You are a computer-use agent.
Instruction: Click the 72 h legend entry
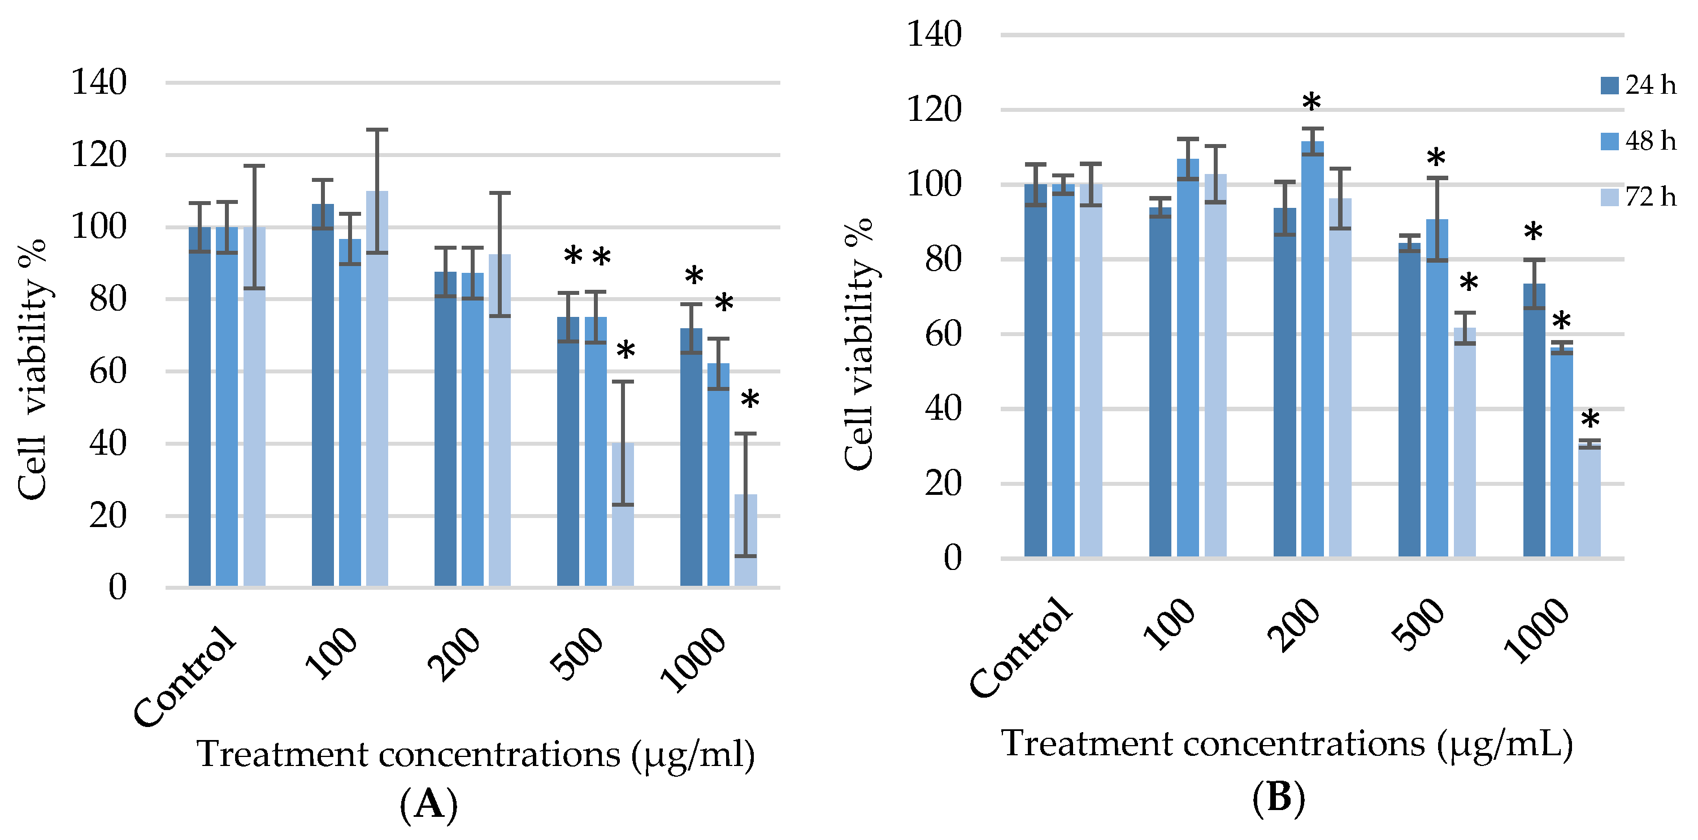(1638, 197)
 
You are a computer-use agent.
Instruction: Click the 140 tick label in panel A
(99, 83)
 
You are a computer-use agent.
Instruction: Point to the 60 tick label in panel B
(943, 334)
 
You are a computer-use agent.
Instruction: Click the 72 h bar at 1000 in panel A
(745, 540)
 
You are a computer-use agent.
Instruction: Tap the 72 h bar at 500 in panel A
(623, 515)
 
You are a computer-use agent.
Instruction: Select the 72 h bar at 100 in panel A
(377, 389)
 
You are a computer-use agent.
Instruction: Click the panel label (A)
(428, 804)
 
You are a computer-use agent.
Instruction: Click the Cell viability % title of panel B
(859, 344)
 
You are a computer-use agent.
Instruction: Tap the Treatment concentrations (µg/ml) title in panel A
(476, 754)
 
